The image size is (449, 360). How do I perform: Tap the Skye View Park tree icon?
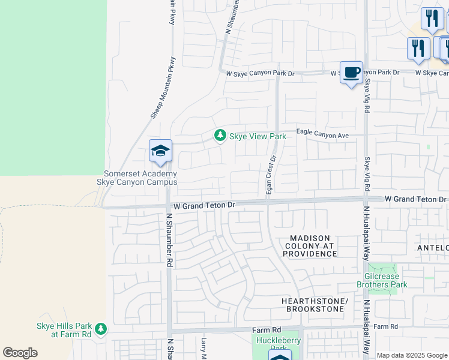click(x=220, y=136)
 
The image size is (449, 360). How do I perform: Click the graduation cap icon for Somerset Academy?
click(x=161, y=151)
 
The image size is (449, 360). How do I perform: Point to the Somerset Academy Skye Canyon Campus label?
click(x=141, y=178)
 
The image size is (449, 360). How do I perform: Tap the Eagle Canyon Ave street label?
click(x=322, y=136)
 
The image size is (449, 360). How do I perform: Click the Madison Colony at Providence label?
click(x=310, y=246)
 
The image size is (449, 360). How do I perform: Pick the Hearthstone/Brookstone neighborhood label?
click(x=315, y=304)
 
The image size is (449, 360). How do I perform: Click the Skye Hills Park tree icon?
click(x=101, y=328)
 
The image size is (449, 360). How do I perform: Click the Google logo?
click(x=20, y=353)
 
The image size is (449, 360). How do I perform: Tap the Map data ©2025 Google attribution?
click(x=412, y=355)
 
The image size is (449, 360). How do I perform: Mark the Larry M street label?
click(x=203, y=348)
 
